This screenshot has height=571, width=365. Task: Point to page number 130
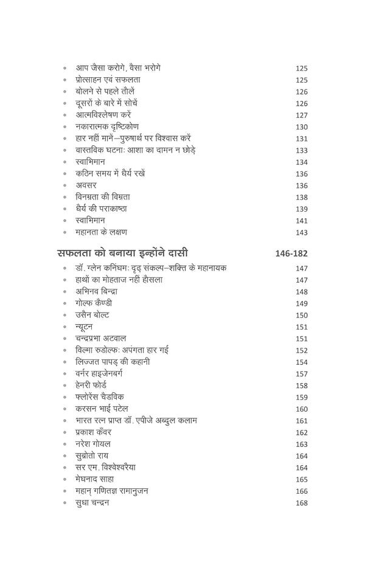pyautogui.click(x=301, y=127)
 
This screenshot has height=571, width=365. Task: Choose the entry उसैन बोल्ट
pyautogui.click(x=92, y=314)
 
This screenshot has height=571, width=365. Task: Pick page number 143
pyautogui.click(x=301, y=232)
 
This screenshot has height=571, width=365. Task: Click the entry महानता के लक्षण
pyautogui.click(x=101, y=232)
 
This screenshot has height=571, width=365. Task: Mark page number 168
pyautogui.click(x=301, y=503)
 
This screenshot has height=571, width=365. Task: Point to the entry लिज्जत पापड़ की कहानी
pyautogui.click(x=113, y=361)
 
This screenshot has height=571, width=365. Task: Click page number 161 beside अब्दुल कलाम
pyautogui.click(x=301, y=421)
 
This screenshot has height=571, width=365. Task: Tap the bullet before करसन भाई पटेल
pyautogui.click(x=64, y=409)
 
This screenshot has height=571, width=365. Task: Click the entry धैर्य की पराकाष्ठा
pyautogui.click(x=105, y=209)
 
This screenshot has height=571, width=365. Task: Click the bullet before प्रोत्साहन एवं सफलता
pyautogui.click(x=64, y=80)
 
